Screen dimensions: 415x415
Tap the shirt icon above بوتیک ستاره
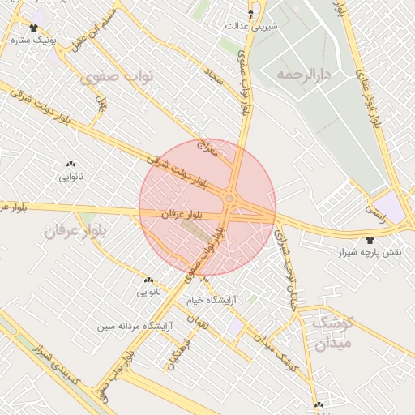click(33, 28)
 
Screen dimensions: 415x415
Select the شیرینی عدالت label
click(251, 26)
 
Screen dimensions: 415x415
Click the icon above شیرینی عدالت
click(250, 14)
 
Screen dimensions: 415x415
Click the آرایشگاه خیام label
click(212, 300)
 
